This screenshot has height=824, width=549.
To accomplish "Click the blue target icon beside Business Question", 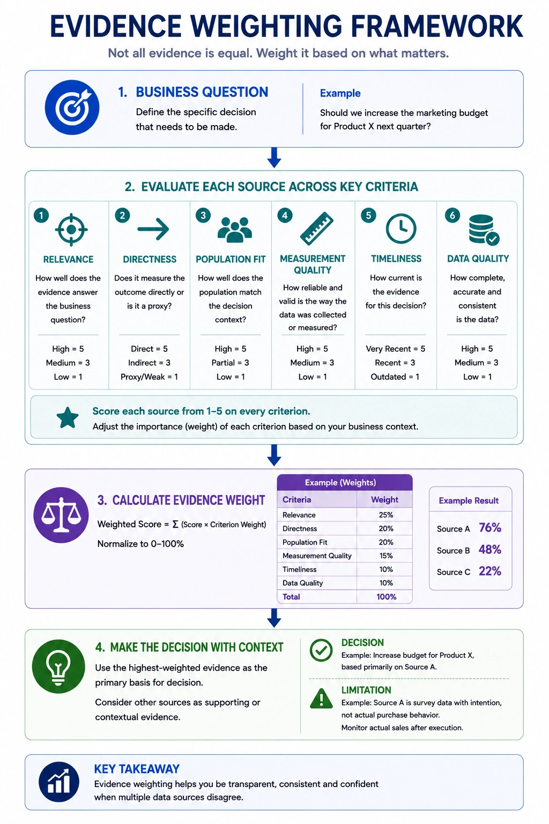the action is point(72,107).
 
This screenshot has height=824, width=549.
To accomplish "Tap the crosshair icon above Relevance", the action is point(71,230).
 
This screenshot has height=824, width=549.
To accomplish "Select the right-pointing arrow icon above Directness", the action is point(153,229).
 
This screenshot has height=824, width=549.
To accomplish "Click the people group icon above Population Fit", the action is point(235,230).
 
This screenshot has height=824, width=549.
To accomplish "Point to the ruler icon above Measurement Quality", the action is point(317,229).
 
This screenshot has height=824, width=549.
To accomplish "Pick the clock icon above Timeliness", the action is point(401,229).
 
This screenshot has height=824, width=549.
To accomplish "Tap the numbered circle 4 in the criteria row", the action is point(285,215).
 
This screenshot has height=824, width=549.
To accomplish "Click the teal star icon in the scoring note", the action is point(68,418).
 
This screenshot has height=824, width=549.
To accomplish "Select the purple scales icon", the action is point(61,515).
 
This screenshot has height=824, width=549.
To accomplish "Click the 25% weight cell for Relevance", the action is point(385,515).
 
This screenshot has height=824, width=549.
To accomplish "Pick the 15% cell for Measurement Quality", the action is point(385,555).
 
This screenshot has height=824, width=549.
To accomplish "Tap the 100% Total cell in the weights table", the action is point(386,597).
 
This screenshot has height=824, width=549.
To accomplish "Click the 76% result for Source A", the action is point(490,528).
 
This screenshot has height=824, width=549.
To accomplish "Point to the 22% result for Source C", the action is point(490,571).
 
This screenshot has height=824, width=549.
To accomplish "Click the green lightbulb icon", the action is point(58,667).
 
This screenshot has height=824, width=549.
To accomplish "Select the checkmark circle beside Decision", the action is point(321,650).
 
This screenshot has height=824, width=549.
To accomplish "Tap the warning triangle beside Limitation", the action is point(321,698).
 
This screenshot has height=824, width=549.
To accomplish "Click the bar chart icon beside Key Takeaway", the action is point(59,782).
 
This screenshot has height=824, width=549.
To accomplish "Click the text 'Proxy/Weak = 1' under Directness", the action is point(149,377).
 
